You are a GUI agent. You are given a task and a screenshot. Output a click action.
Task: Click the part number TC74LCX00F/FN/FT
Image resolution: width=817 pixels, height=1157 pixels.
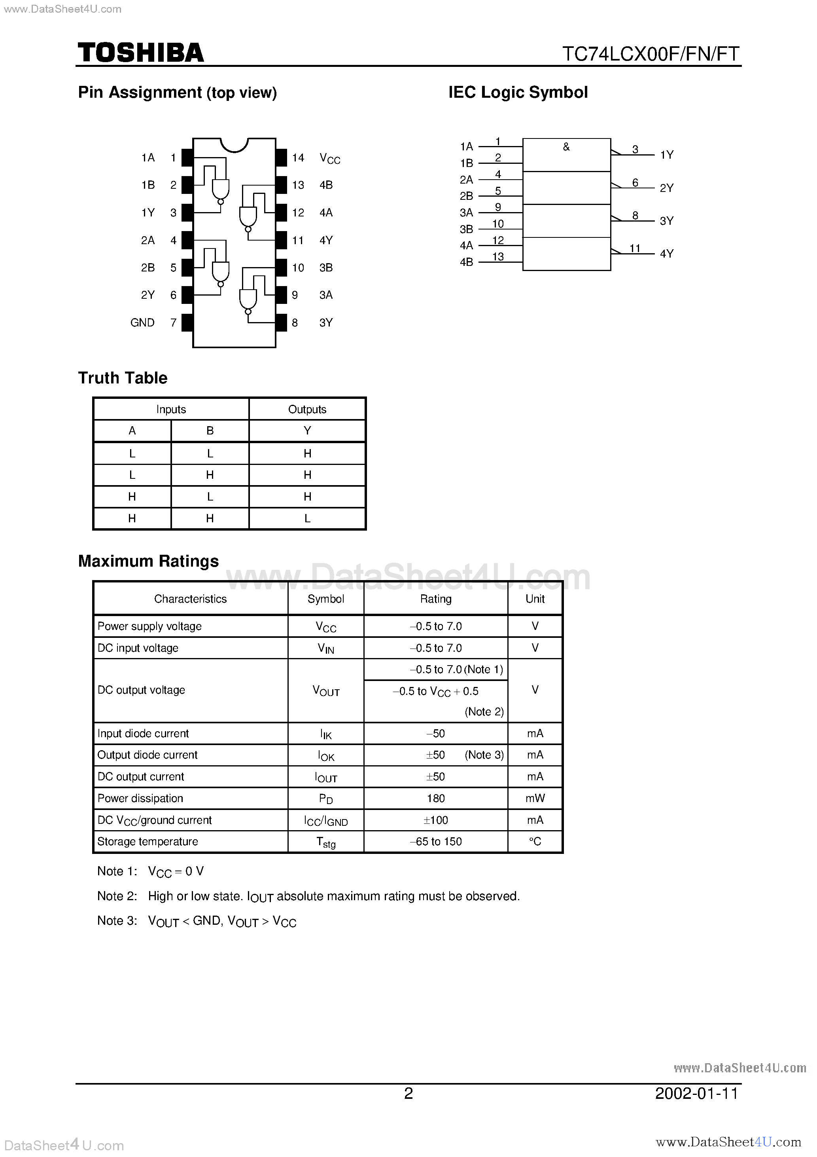point(650,54)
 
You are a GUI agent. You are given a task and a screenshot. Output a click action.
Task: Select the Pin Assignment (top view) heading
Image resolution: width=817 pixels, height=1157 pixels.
point(177,93)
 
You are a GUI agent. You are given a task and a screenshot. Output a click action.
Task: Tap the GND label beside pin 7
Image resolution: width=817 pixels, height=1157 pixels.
point(142,322)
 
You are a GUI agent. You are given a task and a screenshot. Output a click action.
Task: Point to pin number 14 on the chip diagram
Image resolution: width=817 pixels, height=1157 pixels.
point(298,158)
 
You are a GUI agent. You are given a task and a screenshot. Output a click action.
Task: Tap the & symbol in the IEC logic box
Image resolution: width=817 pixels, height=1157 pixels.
point(566,147)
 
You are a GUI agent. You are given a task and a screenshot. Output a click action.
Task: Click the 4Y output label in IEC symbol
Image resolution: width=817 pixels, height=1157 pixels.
point(666,254)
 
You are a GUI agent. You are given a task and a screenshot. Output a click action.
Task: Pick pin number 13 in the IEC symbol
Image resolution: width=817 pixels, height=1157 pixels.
point(497,256)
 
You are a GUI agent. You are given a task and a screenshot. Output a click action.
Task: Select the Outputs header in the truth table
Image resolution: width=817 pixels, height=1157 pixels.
point(307,409)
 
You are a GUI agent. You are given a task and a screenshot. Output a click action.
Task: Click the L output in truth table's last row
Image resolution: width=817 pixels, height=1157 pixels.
point(307,518)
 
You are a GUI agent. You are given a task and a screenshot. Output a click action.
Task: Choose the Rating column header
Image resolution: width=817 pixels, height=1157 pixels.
point(436,599)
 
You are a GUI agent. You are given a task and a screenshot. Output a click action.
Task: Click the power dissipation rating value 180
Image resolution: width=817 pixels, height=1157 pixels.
point(436,798)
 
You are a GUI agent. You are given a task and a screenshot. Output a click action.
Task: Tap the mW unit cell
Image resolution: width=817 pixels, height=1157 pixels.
point(535,798)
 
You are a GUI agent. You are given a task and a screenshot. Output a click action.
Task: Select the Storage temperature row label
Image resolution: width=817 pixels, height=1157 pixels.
point(148,842)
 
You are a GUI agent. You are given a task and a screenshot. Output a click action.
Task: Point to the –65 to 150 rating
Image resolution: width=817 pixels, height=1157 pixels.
point(436,842)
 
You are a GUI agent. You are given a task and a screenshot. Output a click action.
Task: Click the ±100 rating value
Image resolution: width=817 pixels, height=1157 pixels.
point(436,820)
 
